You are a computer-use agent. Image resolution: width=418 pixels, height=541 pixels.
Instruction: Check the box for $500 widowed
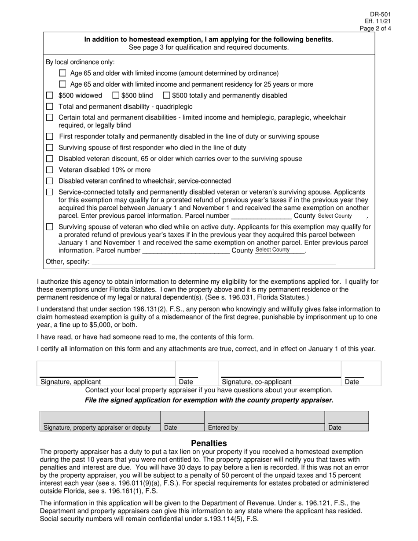(50, 95)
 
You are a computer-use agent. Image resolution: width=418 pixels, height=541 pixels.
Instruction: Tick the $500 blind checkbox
(116, 95)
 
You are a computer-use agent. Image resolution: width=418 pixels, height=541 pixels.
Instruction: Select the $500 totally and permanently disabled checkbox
(167, 95)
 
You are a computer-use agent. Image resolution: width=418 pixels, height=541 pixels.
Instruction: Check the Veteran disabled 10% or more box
(50, 170)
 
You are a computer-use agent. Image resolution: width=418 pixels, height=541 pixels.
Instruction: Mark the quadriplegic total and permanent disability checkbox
(50, 106)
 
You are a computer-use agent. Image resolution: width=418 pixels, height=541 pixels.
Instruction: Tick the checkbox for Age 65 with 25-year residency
(62, 84)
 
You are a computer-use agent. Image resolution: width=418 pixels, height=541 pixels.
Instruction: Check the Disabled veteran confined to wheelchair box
(50, 181)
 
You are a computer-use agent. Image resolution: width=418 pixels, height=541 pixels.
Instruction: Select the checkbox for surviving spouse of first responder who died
(50, 147)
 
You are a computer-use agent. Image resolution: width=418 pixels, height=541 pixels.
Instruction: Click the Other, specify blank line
(213, 262)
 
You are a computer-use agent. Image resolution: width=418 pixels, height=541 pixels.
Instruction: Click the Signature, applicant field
(106, 370)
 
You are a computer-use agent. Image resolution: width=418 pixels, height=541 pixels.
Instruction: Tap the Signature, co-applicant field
(280, 370)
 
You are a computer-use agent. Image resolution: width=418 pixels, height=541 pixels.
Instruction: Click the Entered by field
(264, 418)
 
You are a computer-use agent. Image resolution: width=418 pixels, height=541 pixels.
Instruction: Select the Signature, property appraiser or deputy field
(100, 418)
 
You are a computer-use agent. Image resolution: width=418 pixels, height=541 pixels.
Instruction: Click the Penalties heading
(209, 443)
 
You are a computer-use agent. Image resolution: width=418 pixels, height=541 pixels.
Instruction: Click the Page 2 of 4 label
(375, 29)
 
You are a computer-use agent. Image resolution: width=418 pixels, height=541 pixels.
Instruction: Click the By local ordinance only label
(80, 62)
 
